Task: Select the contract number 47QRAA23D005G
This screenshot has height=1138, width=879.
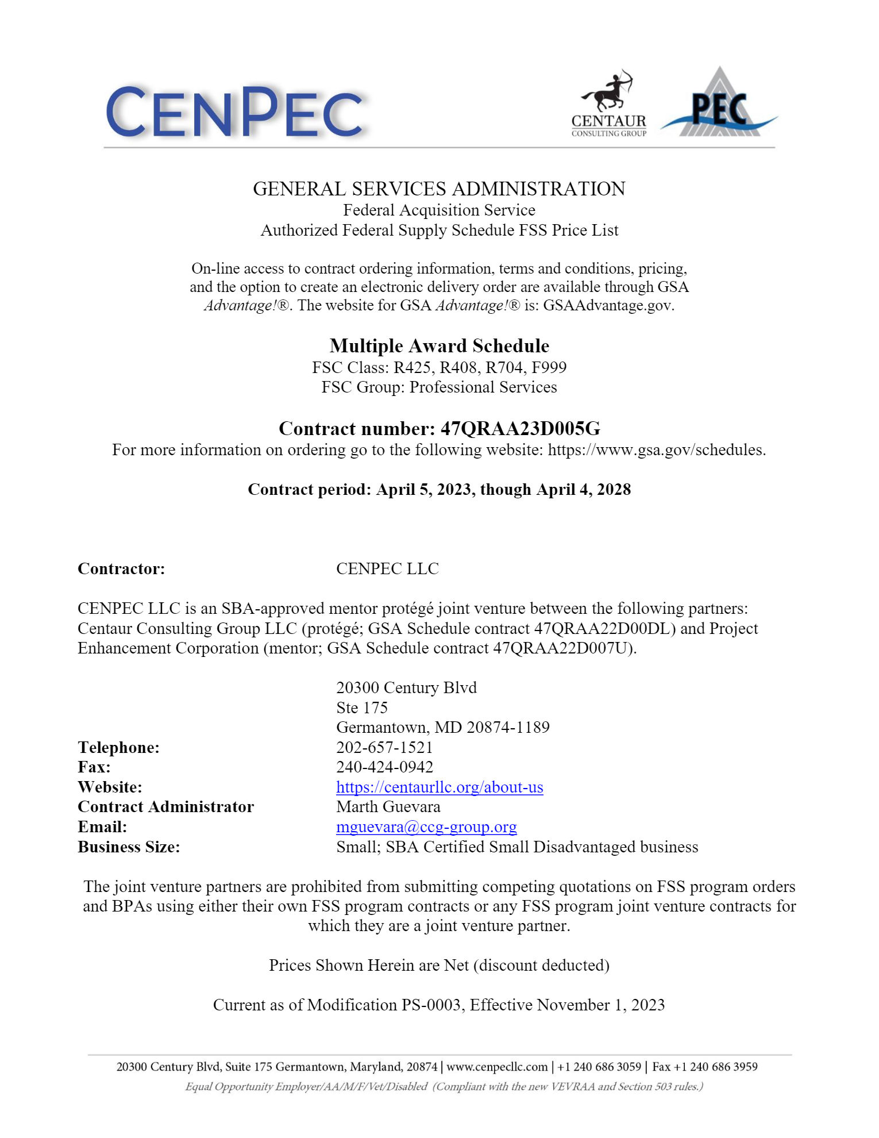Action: click(520, 429)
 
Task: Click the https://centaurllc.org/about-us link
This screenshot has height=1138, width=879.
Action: click(439, 787)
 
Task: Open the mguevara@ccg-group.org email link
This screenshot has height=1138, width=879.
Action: click(426, 826)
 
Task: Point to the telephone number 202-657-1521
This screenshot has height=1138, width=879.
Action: click(384, 747)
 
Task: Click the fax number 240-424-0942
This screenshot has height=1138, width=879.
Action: click(384, 767)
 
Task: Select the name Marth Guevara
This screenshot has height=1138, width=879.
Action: click(388, 807)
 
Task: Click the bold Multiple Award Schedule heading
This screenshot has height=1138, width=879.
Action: click(439, 346)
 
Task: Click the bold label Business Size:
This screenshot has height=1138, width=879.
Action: click(129, 847)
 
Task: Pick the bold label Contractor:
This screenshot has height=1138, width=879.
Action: click(121, 568)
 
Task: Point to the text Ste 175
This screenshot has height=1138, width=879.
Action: click(362, 708)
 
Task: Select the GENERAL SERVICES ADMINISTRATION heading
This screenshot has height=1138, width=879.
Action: click(439, 189)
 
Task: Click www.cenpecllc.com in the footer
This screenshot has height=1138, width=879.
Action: click(497, 1067)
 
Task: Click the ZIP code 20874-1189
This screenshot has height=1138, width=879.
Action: click(508, 727)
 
